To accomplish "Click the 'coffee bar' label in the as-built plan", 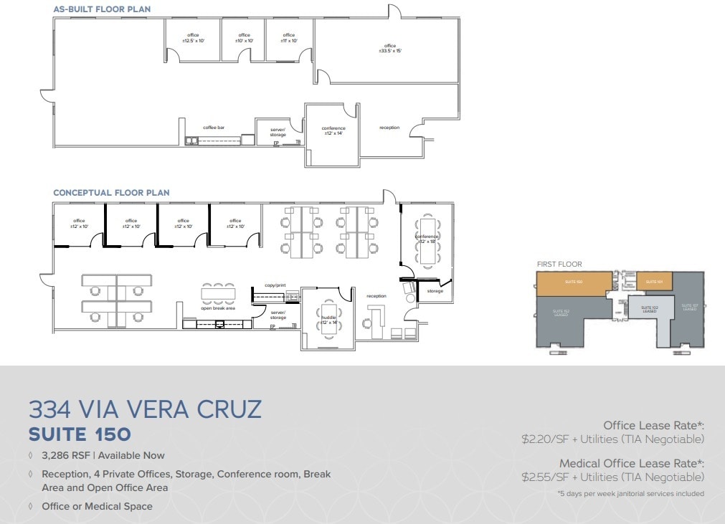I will tap(214, 128).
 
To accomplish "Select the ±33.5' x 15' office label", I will tap(390, 48).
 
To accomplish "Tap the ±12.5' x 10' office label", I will tap(193, 38).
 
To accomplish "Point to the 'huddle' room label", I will tap(328, 319).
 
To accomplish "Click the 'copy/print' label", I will tap(275, 285).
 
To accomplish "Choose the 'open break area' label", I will tap(218, 308).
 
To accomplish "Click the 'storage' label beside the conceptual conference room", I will tap(435, 291).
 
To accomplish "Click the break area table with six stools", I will tap(218, 292).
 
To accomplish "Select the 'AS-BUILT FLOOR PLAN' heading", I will tap(102, 9).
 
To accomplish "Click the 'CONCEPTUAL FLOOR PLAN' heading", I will tap(111, 193).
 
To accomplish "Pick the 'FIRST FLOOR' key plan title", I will tap(559, 265).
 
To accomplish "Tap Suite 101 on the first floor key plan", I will tap(653, 282).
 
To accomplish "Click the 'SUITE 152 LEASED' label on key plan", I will tap(561, 313).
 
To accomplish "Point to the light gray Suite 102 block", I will tap(649, 309).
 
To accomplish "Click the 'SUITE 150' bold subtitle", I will tap(80, 434).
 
